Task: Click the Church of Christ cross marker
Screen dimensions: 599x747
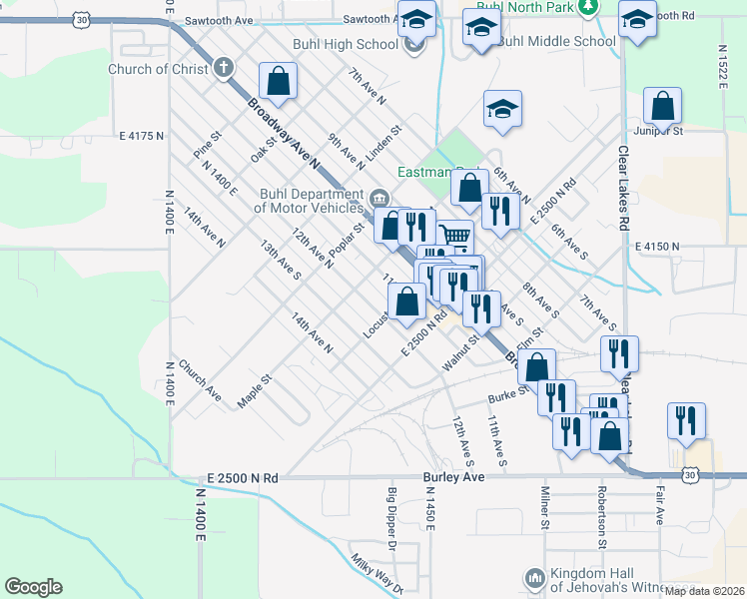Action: point(223,69)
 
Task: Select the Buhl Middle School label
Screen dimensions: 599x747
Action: point(556,41)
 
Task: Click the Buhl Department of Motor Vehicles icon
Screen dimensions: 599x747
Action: point(378,197)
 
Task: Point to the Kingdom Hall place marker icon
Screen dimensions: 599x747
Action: point(534,578)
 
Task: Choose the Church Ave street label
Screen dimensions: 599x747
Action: point(201,379)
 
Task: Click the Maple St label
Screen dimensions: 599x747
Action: point(255,390)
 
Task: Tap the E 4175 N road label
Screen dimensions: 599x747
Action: point(140,135)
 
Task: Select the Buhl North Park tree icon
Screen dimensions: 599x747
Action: point(588,6)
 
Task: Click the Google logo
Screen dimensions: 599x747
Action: point(33,587)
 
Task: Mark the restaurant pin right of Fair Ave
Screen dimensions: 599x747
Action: point(686,419)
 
